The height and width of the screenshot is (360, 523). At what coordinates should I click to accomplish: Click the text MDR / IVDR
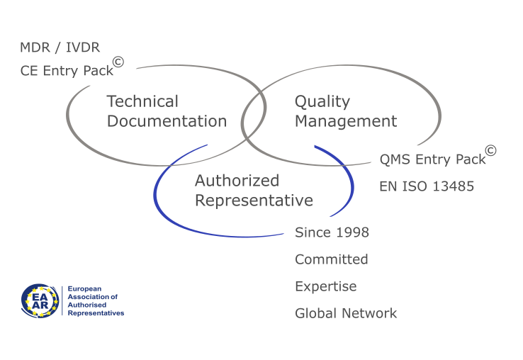coord(60,47)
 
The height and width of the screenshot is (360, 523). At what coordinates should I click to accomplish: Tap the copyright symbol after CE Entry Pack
coord(118,62)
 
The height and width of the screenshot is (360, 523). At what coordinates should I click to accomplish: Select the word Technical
coord(142,101)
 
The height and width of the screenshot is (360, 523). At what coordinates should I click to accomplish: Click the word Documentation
coord(167,120)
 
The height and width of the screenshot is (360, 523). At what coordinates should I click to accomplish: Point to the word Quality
coord(322,102)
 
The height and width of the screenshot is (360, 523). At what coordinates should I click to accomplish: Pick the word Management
coord(346,122)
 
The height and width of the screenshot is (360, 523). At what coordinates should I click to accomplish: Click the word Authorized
coord(237,181)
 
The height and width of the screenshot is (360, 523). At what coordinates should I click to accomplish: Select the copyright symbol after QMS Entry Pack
coord(490,150)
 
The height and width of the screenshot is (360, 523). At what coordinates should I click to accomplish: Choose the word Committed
coord(332,259)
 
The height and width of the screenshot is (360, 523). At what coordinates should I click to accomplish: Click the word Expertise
coord(326,287)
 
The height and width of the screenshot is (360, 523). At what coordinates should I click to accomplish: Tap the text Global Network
coord(346,313)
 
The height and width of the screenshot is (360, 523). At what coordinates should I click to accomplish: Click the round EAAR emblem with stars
coord(40,300)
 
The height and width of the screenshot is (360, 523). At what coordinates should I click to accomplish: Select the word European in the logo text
coord(84,289)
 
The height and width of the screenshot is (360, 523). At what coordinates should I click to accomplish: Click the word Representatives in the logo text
coord(96,313)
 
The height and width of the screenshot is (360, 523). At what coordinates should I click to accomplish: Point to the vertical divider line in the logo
coord(62,300)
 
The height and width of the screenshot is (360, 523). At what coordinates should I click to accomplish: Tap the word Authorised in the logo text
coord(87,305)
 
